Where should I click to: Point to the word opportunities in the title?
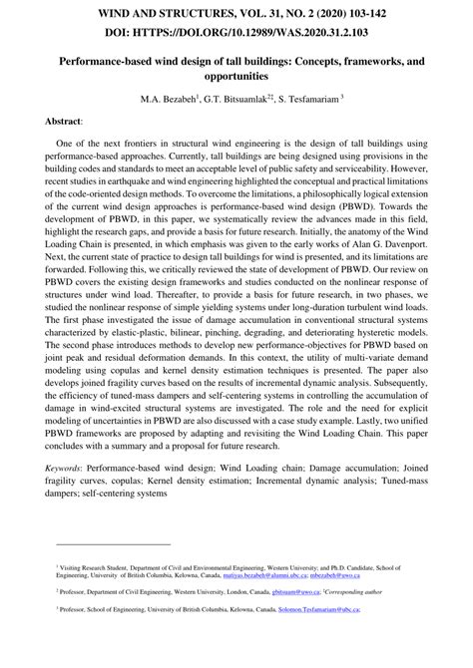[x=236, y=77]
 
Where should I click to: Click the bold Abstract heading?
[x=63, y=120]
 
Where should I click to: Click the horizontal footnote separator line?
[x=112, y=544]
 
